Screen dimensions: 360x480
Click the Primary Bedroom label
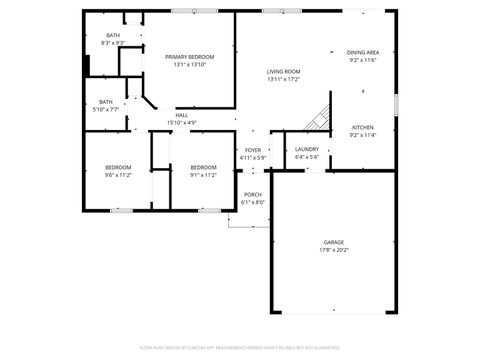click(190, 57)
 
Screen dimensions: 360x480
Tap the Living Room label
click(283, 72)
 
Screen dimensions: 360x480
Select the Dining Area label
click(363, 52)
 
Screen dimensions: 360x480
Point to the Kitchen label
click(362, 128)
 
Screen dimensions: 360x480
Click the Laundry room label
click(307, 149)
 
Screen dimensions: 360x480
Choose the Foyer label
click(253, 150)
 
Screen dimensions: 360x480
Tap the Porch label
click(253, 194)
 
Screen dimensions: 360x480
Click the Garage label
click(333, 242)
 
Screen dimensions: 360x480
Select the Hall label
click(182, 115)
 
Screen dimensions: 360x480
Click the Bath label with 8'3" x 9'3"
click(113, 36)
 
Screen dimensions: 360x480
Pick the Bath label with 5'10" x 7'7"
click(106, 101)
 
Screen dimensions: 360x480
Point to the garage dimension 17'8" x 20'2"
click(333, 250)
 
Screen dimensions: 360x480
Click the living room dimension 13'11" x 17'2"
click(283, 80)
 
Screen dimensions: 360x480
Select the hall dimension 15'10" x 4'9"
click(182, 123)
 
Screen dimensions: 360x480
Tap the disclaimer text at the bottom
click(240, 349)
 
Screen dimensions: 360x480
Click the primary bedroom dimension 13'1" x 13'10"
click(190, 65)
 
